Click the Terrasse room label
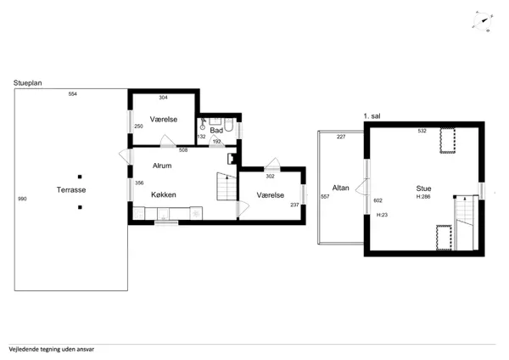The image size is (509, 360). [x=71, y=189]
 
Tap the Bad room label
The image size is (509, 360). [x=216, y=130]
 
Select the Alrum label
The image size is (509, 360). [x=162, y=166]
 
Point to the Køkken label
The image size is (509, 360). [x=164, y=194]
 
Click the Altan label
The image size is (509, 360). [x=340, y=188]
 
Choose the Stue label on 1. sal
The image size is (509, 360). [x=423, y=188]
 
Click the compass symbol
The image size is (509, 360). [x=483, y=21]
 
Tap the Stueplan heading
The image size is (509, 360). [x=28, y=83]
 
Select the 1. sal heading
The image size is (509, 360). [x=372, y=116]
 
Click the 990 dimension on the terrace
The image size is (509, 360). [x=22, y=199]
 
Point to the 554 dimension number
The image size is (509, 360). [x=73, y=94]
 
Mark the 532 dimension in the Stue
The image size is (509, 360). [x=422, y=131]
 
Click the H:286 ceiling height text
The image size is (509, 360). [x=423, y=197]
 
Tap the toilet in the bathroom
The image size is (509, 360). [x=228, y=125]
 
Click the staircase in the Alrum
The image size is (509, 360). [x=227, y=187]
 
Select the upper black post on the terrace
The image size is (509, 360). [x=80, y=177]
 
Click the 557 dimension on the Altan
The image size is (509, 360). [x=325, y=197]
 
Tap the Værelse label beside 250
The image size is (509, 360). [x=164, y=119]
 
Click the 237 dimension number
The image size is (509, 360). [x=294, y=205]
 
